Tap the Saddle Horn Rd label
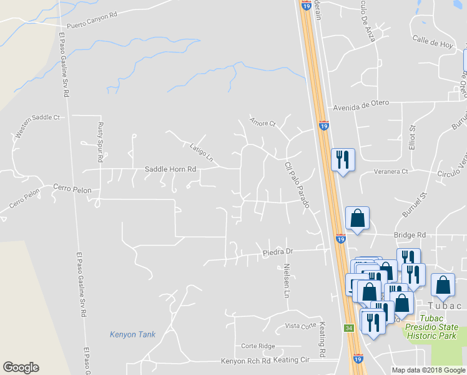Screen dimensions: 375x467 click(170, 169)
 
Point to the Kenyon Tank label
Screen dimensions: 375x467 click(132, 334)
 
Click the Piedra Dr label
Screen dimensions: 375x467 click(278, 251)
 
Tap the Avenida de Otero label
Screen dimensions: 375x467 click(361, 102)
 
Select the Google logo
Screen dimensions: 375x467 click(21, 367)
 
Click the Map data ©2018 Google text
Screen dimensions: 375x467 click(428, 370)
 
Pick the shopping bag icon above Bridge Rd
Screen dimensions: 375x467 click(357, 219)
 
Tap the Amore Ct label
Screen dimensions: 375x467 click(262, 122)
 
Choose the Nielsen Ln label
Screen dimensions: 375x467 click(287, 281)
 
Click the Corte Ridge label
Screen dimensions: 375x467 click(258, 346)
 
